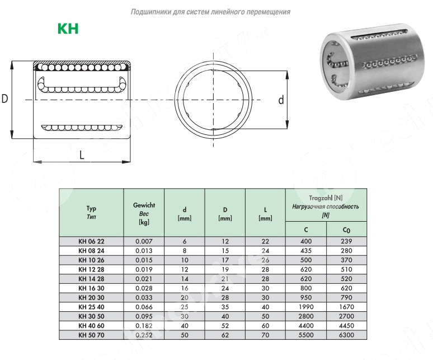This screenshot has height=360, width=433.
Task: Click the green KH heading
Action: pyautogui.click(x=68, y=29)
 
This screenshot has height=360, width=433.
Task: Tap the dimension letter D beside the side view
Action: pyautogui.click(x=4, y=99)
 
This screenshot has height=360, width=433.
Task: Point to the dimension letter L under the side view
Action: pyautogui.click(x=82, y=155)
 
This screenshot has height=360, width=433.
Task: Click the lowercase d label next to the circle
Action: pyautogui.click(x=281, y=100)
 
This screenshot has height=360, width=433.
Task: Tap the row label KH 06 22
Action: pyautogui.click(x=91, y=241)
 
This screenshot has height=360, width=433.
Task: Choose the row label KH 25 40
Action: pyautogui.click(x=91, y=307)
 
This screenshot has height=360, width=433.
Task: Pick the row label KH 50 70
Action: pyautogui.click(x=91, y=335)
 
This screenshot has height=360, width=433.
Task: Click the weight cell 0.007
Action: pyautogui.click(x=144, y=241)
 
